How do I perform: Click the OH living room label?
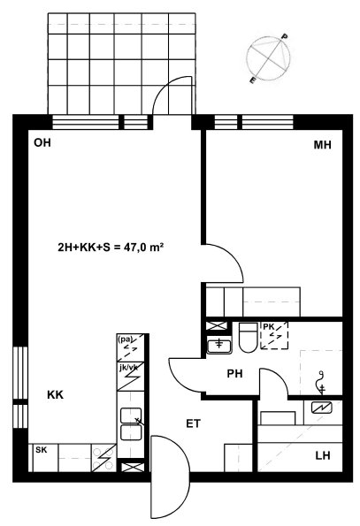point(42,142)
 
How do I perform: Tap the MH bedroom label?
point(322,145)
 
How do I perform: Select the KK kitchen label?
point(55,395)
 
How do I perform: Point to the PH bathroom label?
point(234,373)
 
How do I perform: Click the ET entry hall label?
point(193,423)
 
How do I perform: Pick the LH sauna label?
point(323,455)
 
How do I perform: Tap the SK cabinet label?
point(42,450)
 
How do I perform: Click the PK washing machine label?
point(268,326)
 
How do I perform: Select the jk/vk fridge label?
point(128,368)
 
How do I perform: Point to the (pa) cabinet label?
point(125,339)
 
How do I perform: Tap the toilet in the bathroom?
point(248,337)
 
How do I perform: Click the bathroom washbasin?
point(218,346)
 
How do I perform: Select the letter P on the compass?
point(284,36)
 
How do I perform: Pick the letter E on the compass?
point(253,80)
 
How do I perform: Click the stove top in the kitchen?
point(104,458)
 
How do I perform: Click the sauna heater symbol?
point(321,408)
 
